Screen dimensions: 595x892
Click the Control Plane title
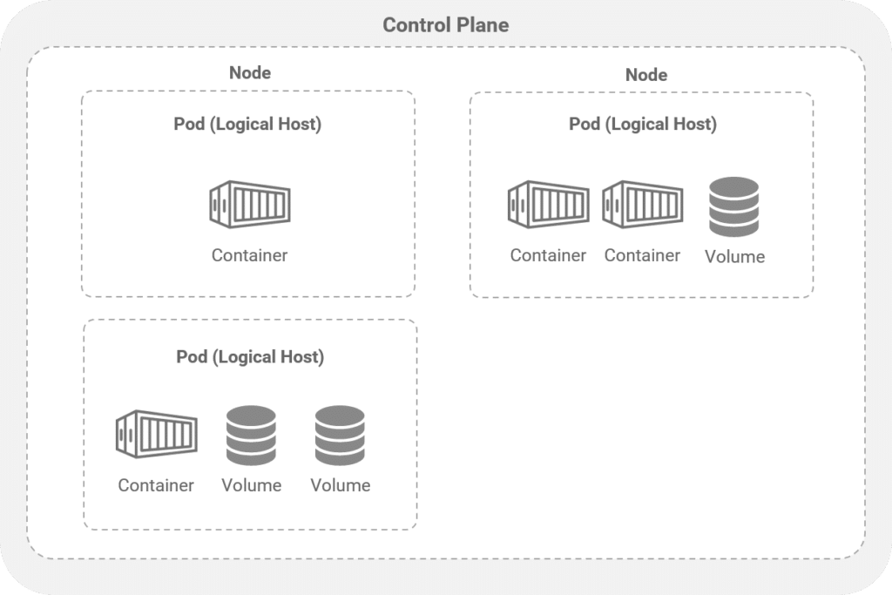(445, 25)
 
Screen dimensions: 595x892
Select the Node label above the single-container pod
(249, 73)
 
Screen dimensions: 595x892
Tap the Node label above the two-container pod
(645, 75)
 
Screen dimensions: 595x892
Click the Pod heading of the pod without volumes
(247, 124)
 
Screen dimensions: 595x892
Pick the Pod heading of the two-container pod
(642, 124)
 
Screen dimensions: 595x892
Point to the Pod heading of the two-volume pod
(250, 356)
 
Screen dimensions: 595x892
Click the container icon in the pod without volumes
(249, 204)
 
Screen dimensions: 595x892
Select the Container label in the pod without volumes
(249, 255)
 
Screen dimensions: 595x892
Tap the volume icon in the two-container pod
(733, 206)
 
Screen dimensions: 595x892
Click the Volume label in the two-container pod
(734, 256)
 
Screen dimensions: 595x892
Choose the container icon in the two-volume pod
(155, 434)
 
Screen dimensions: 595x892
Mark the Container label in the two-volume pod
(156, 485)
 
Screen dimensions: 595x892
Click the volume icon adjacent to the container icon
(251, 435)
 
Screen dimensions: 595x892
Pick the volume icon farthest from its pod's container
(340, 435)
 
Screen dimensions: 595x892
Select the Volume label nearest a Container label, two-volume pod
(251, 485)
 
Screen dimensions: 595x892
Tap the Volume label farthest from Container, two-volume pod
(340, 485)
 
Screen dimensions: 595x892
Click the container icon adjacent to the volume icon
(642, 204)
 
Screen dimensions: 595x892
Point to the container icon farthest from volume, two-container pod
(548, 204)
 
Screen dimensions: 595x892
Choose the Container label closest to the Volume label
(642, 255)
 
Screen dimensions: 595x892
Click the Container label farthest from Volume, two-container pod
(548, 255)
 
